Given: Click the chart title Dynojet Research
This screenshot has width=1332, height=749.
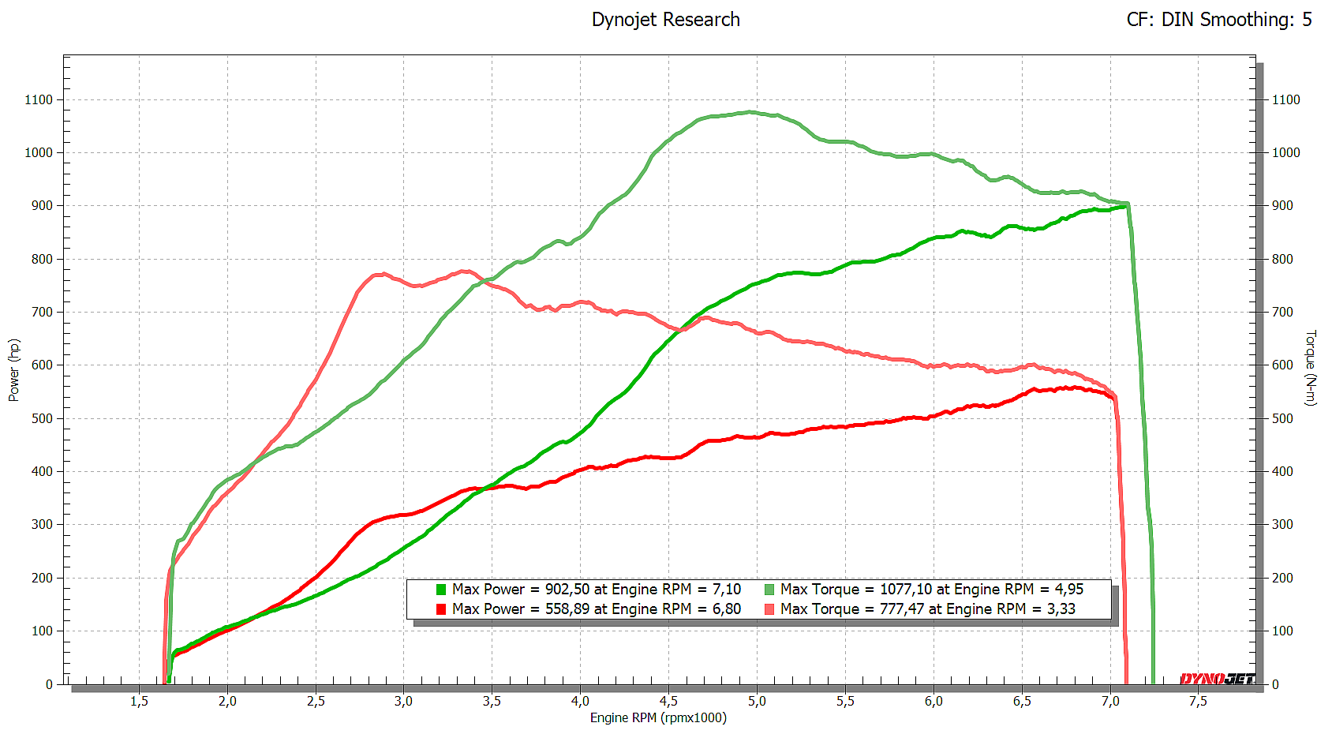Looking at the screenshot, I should click(x=665, y=20).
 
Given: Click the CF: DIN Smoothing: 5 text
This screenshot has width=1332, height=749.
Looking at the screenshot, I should click(x=1218, y=20).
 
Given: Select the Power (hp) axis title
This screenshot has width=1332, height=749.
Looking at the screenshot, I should click(x=13, y=370).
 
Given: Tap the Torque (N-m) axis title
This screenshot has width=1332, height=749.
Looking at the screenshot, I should click(x=1311, y=368).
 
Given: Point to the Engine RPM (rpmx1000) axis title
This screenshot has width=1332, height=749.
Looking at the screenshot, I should click(x=658, y=717).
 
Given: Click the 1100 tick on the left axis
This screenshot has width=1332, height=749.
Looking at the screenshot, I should click(x=39, y=99).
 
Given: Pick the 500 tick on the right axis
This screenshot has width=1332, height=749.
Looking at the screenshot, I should click(x=1282, y=418).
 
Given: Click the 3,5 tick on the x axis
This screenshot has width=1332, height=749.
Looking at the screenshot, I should click(x=492, y=701).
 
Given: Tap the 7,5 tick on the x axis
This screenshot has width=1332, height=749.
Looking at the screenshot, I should click(x=1198, y=701).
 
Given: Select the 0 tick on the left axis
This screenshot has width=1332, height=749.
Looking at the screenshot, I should click(x=49, y=684).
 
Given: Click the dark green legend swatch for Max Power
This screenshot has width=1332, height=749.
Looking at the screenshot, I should click(x=441, y=590).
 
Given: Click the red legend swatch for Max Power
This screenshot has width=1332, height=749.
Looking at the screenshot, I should click(x=441, y=609).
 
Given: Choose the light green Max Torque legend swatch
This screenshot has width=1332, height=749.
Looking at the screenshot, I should click(x=769, y=590).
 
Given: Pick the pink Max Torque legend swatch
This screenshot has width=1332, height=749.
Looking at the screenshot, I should click(x=769, y=609).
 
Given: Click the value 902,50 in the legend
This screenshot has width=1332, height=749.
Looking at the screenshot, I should click(x=567, y=590).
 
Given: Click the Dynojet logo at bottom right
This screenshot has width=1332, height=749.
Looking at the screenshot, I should click(x=1217, y=679).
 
